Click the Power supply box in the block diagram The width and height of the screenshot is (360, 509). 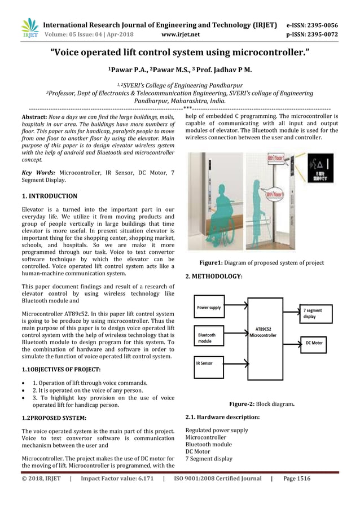[x=209, y=308]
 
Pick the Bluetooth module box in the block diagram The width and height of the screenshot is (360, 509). [x=209, y=337]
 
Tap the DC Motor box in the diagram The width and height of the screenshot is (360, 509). [x=314, y=343]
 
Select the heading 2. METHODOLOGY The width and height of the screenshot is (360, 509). [x=214, y=276]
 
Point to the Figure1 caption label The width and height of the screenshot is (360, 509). [x=213, y=263]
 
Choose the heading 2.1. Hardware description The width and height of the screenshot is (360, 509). [x=222, y=418]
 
